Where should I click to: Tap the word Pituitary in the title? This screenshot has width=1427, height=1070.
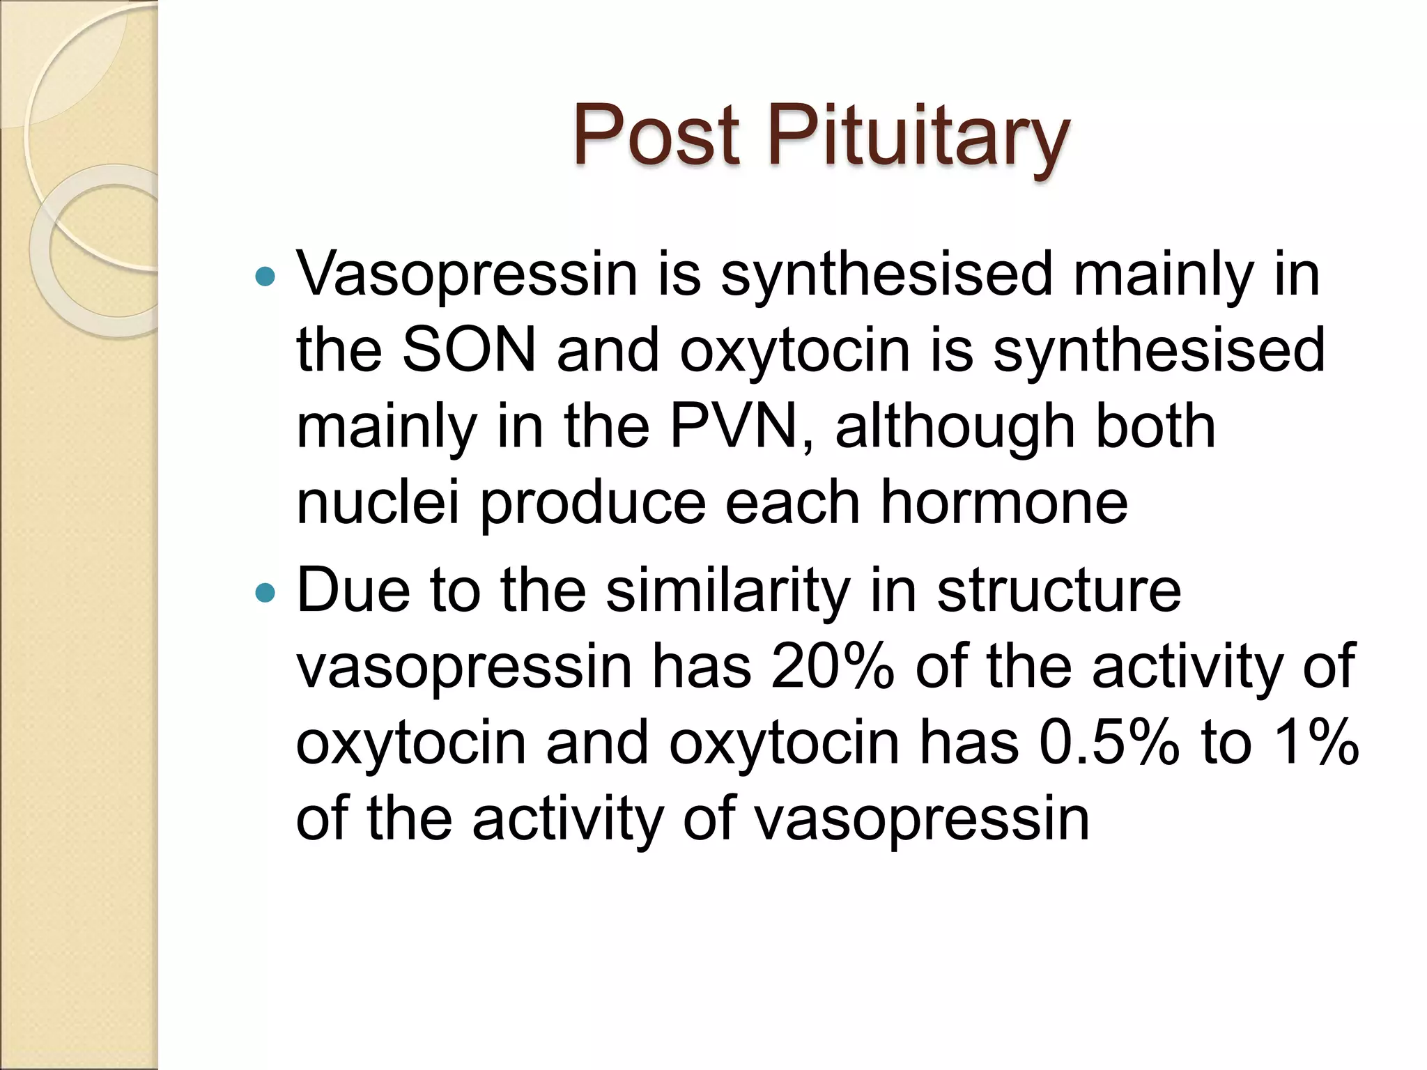click(918, 136)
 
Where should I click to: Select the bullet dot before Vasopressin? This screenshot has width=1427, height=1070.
click(265, 278)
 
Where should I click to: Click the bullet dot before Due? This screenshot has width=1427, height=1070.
click(265, 594)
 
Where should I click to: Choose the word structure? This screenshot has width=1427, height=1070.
click(1059, 591)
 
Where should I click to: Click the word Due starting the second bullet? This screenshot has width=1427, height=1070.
click(353, 591)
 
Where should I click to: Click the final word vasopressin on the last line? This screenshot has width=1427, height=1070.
click(922, 820)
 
